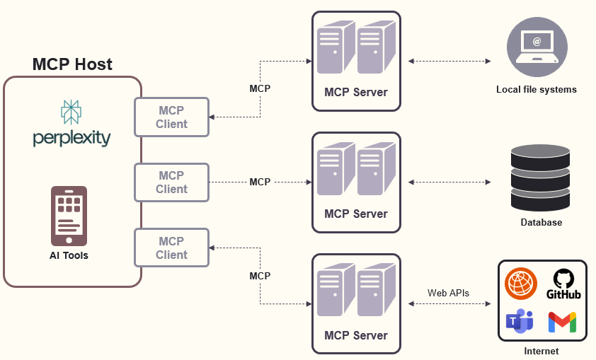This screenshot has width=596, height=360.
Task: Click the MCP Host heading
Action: click(72, 64)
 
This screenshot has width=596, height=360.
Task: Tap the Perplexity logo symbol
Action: click(71, 112)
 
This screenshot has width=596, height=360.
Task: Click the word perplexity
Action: click(71, 137)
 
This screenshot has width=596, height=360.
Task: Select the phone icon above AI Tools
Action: click(69, 215)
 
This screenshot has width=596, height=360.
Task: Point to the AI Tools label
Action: click(69, 255)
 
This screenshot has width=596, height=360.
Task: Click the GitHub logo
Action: click(563, 283)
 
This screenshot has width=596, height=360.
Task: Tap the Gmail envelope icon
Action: click(562, 322)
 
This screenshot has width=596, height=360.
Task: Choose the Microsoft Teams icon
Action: click(520, 322)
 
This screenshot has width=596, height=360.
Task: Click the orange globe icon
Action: click(521, 283)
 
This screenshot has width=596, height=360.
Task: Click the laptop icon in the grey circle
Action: click(537, 47)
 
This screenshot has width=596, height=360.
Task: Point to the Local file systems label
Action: click(537, 90)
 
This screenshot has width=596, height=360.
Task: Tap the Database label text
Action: click(541, 222)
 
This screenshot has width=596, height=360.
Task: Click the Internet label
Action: click(541, 351)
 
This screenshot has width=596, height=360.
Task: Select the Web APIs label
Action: click(448, 293)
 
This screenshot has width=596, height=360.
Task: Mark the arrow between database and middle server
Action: click(449, 182)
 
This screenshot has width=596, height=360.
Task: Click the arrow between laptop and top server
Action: click(449, 62)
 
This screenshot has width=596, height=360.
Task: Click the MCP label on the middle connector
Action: click(260, 182)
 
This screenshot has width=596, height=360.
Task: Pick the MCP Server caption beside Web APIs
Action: click(356, 335)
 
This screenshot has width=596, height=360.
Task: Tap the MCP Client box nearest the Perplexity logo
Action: click(173, 117)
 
